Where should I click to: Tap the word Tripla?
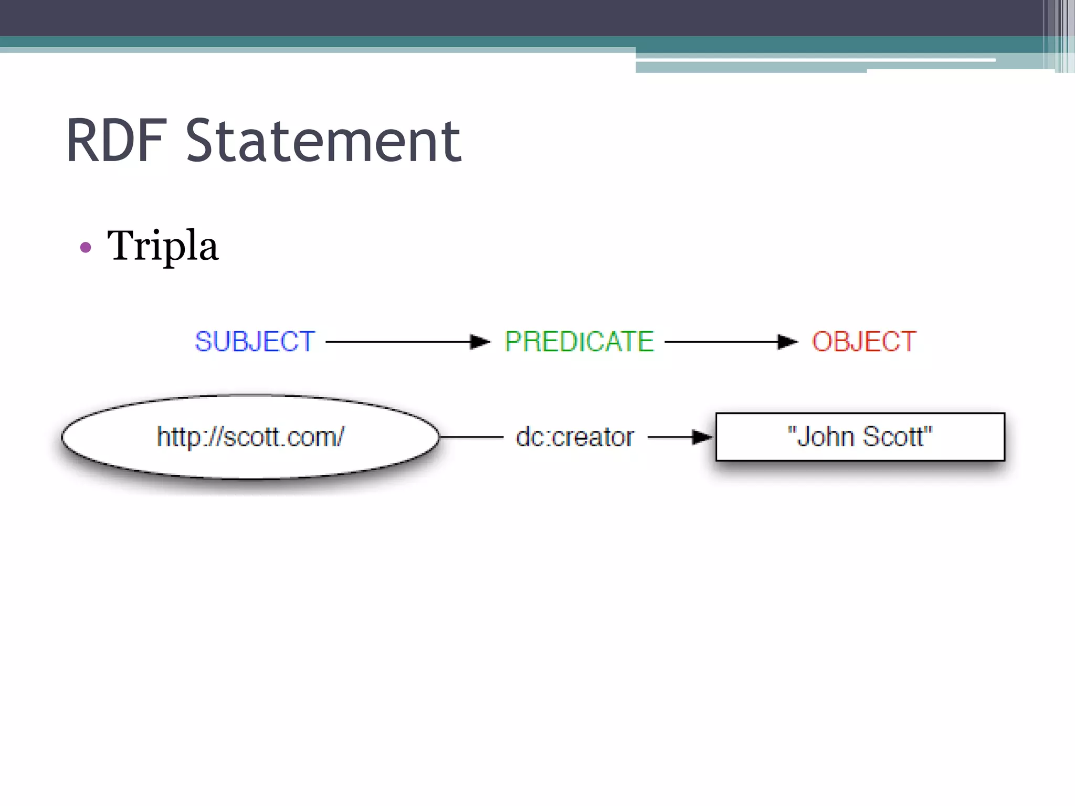click(162, 246)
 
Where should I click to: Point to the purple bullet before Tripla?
click(86, 247)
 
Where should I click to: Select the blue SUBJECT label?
click(255, 342)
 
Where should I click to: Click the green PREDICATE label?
click(579, 342)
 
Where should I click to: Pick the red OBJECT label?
click(864, 342)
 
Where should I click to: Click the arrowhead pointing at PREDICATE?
click(480, 342)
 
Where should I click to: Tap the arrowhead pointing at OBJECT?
click(787, 342)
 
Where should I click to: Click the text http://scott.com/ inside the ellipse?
click(250, 437)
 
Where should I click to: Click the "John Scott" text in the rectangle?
click(860, 437)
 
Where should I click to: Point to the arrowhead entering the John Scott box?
click(702, 437)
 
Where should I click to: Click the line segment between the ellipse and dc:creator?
click(471, 437)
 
